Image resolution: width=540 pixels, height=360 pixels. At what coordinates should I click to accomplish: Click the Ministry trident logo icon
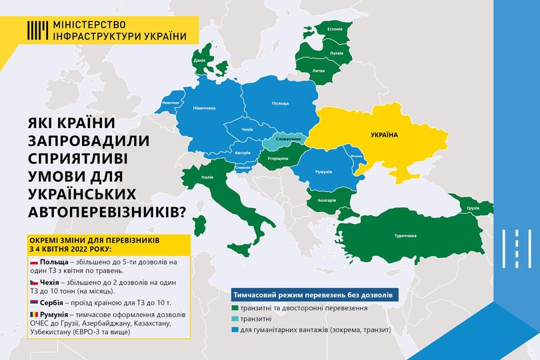pos(37,29)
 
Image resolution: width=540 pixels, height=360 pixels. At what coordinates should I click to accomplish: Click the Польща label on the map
pos(280,104)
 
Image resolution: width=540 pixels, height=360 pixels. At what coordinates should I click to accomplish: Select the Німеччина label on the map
pos(204,108)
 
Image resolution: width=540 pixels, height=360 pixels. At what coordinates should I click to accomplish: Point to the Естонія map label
pos(335,29)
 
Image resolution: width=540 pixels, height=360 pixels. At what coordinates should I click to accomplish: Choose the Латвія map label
pos(337,52)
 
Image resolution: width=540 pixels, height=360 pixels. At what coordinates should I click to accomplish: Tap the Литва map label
pos(319,70)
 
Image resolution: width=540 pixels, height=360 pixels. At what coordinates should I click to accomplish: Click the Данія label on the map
pos(199,61)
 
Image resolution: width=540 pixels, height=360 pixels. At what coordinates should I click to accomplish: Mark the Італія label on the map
pos(207,177)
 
